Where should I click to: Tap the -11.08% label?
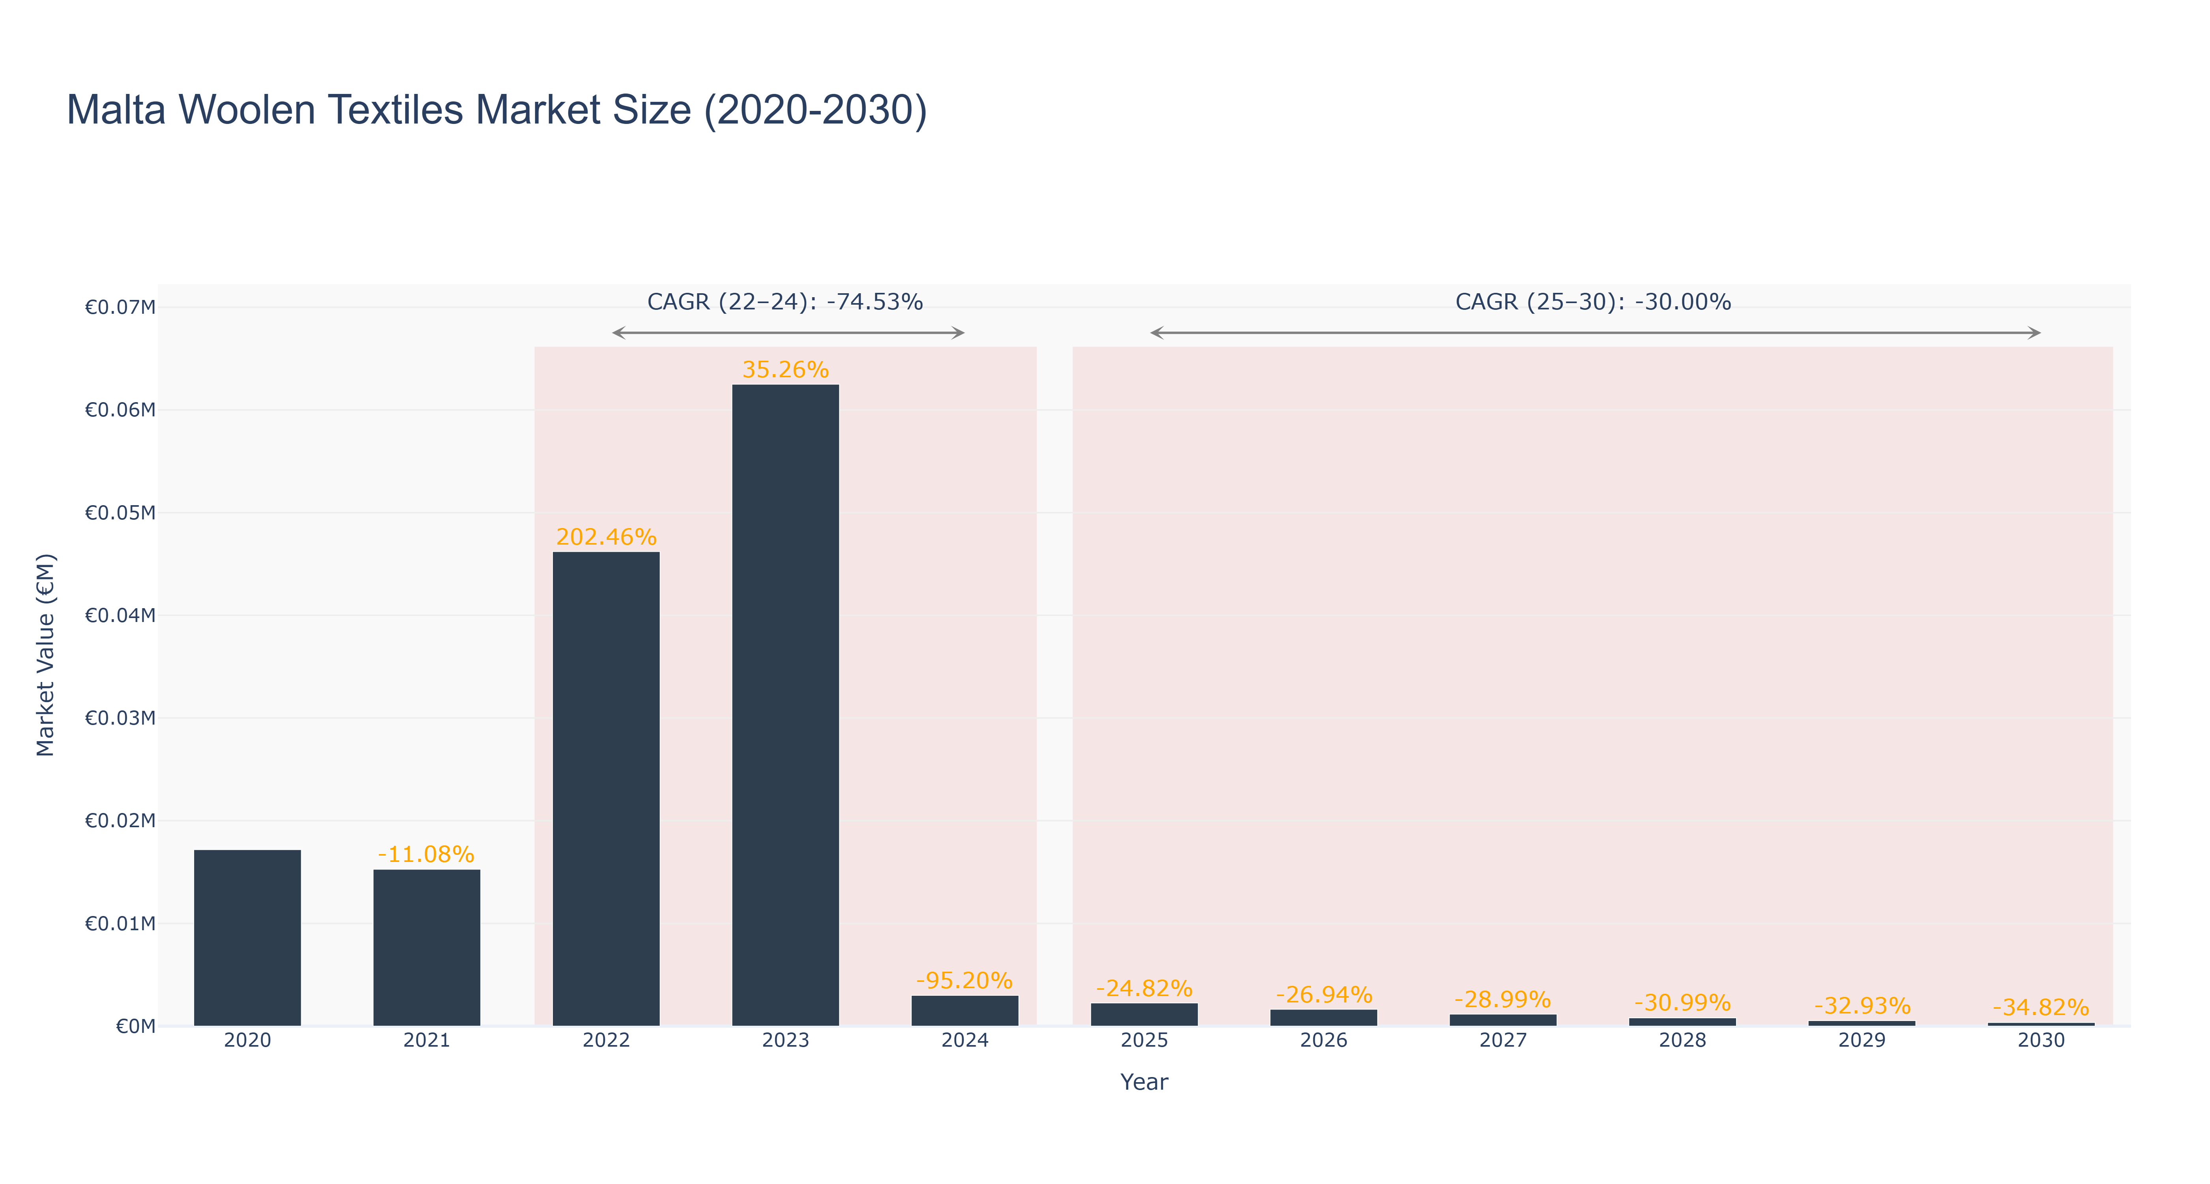(x=426, y=854)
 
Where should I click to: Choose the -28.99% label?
(x=1503, y=1000)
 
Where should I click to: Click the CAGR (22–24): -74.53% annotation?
(x=785, y=302)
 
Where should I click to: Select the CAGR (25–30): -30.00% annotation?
(x=1593, y=302)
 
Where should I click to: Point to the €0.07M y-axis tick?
(x=120, y=307)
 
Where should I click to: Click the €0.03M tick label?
(x=120, y=718)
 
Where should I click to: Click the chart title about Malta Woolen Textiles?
(x=497, y=110)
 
